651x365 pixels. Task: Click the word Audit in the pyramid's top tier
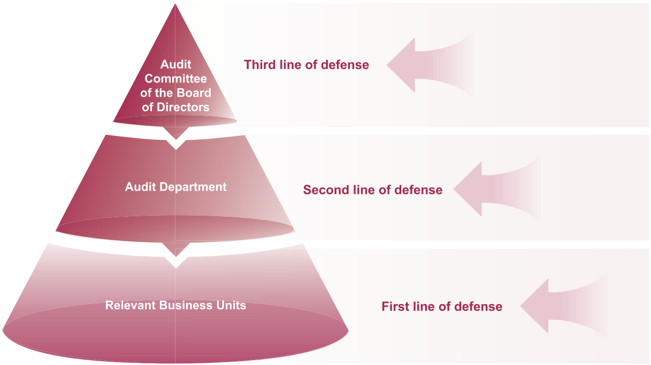coord(175,65)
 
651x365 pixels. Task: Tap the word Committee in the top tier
coord(175,79)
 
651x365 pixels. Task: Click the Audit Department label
coord(175,187)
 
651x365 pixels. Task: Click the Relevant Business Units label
coord(175,305)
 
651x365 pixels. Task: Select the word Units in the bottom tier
coord(232,305)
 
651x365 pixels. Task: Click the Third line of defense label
coord(306,65)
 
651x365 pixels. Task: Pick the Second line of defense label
coord(372,189)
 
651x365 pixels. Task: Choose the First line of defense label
coord(441,307)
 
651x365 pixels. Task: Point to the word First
coord(394,307)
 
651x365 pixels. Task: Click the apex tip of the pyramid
coord(175,5)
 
